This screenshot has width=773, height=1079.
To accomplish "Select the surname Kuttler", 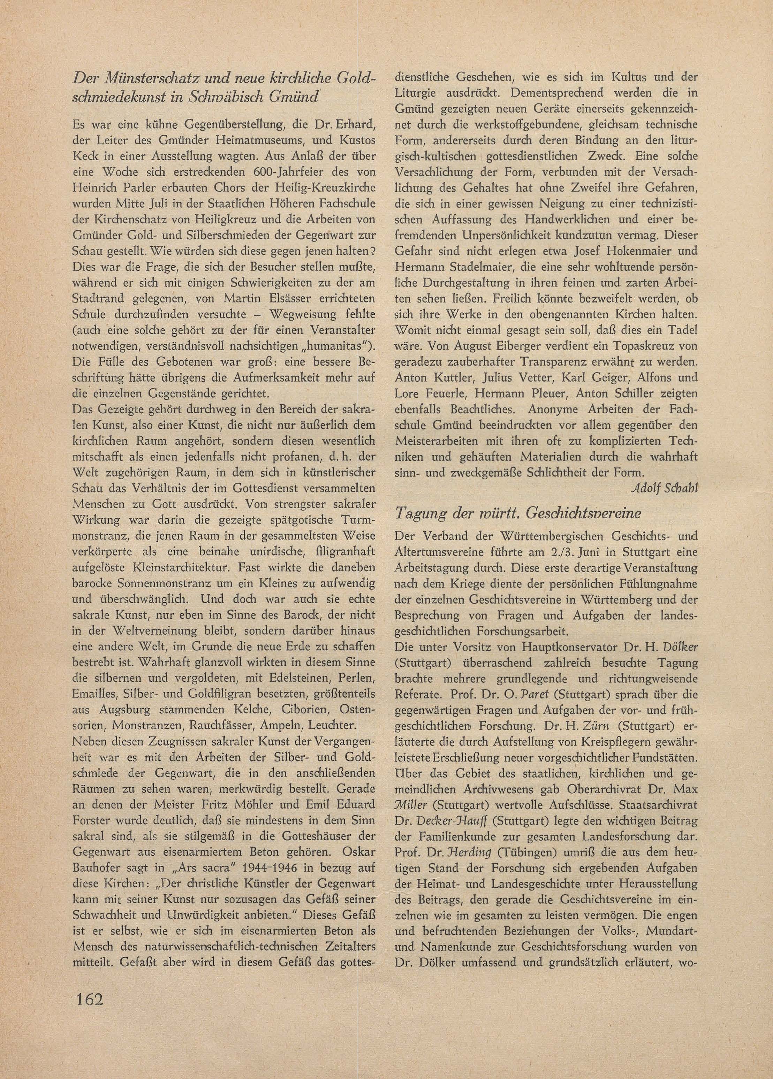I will (x=461, y=378).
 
